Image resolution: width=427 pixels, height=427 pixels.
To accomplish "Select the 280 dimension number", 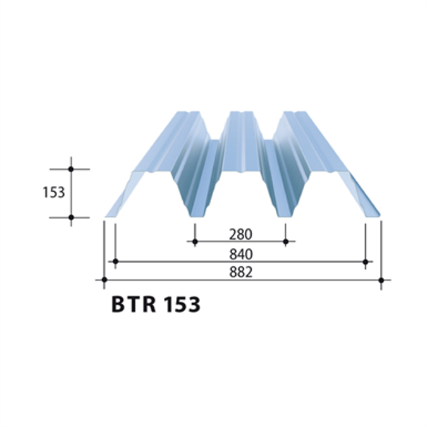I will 240,234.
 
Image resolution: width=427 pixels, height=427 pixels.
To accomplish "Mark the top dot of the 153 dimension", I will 71,169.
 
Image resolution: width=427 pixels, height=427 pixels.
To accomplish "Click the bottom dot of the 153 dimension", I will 71,218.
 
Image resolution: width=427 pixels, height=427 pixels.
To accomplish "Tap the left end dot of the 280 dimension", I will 195,242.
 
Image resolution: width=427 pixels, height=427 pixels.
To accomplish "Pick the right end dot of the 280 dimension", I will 286,242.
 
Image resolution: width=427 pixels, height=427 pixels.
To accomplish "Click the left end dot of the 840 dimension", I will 115,261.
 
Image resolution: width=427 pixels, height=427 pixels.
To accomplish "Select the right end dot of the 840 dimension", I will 366,261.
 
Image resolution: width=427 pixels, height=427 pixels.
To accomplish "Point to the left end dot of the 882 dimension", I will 104,279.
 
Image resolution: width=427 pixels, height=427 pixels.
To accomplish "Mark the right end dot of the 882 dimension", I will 381,279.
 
